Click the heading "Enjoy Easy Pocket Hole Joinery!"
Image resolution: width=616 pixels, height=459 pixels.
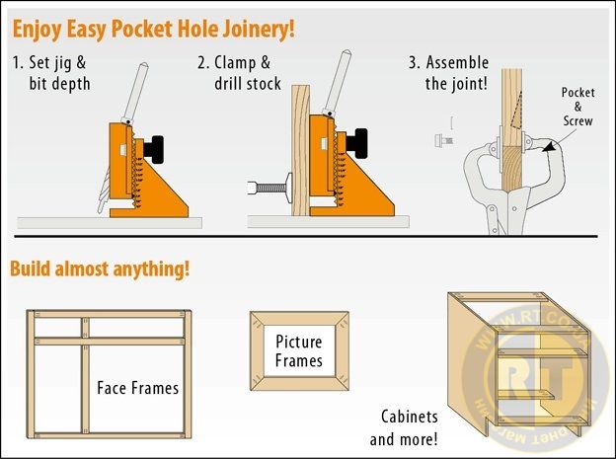pos(153,28)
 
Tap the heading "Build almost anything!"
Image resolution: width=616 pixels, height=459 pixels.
pos(100,268)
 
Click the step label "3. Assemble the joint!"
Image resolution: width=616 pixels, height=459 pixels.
pos(448,73)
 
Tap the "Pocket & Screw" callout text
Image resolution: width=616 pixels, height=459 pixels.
pos(578,107)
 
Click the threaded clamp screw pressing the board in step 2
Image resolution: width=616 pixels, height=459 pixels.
pos(269,184)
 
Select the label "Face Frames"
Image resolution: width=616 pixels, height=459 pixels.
pos(138,388)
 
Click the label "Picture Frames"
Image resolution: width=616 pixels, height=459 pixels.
pos(298,350)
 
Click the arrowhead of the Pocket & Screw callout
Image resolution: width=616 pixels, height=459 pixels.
pos(546,147)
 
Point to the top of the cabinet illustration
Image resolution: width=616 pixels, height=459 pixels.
pos(518,306)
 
